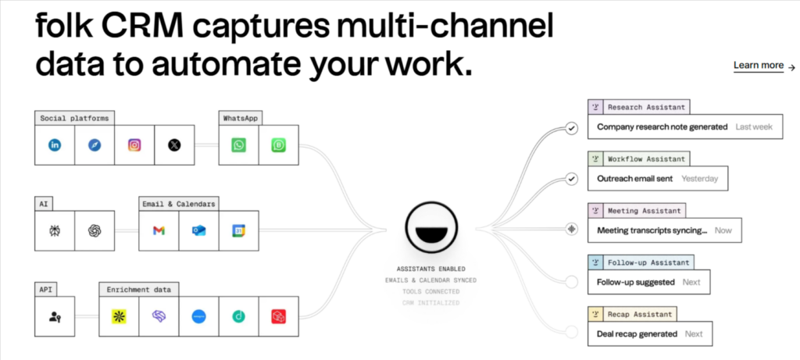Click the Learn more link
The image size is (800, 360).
pyautogui.click(x=759, y=66)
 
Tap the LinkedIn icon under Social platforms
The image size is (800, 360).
pyautogui.click(x=55, y=144)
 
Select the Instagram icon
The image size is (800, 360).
pyautogui.click(x=134, y=144)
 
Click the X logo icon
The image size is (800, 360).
pyautogui.click(x=174, y=144)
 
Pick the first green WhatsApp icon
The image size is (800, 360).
pyautogui.click(x=238, y=144)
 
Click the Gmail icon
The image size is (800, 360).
pyautogui.click(x=159, y=230)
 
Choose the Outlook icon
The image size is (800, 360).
pyautogui.click(x=198, y=230)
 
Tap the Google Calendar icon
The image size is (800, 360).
pyautogui.click(x=238, y=230)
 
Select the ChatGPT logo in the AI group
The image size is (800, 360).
pyautogui.click(x=95, y=230)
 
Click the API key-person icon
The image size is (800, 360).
pyautogui.click(x=55, y=316)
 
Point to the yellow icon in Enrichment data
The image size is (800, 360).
pyautogui.click(x=119, y=316)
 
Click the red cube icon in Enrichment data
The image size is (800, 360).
pyautogui.click(x=279, y=316)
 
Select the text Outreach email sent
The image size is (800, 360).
pyautogui.click(x=636, y=178)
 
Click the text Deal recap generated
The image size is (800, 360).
pyautogui.click(x=637, y=333)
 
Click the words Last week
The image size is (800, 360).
pyautogui.click(x=754, y=127)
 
